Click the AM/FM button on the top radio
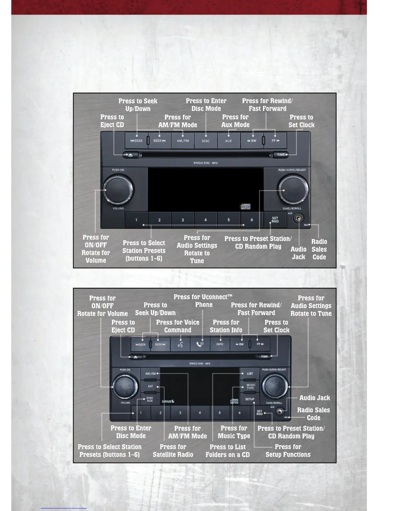pos(183,141)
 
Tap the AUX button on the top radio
pos(228,141)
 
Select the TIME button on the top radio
pos(281,155)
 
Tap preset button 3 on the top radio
pos(183,220)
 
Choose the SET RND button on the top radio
pos(275,220)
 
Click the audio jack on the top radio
pos(299,219)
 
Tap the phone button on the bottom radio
pos(200,344)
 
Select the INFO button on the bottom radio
pos(220,344)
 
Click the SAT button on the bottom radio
pos(150,386)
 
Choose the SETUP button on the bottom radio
pos(250,399)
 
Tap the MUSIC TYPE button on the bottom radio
pos(250,386)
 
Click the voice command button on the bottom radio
pos(180,345)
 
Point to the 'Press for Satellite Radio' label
pos(173,451)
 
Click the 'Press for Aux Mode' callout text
pos(235,121)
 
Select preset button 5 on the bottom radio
pos(220,413)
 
